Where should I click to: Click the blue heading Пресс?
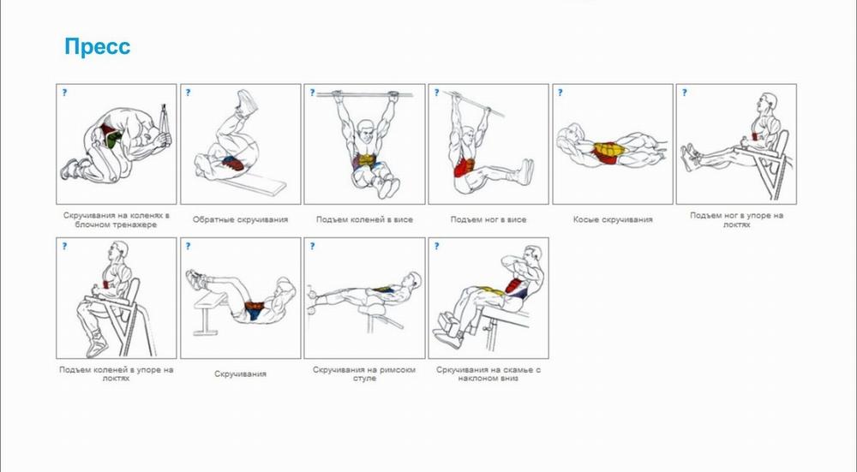[x=98, y=46]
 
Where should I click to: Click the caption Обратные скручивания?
[x=240, y=220]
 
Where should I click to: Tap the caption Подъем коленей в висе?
[x=364, y=220]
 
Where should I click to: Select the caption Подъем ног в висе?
[x=488, y=220]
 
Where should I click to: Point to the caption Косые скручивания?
[x=613, y=220]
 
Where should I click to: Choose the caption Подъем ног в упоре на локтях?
[x=736, y=220]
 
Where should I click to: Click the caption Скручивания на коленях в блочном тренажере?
[x=116, y=220]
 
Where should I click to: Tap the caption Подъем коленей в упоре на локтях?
[x=116, y=374]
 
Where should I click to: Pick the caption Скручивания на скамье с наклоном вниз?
[x=488, y=374]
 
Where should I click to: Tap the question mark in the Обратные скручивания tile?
[x=188, y=93]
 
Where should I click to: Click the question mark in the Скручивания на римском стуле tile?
[x=312, y=247]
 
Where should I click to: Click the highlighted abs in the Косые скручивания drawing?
[x=608, y=152]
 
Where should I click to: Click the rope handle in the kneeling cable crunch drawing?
[x=165, y=125]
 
